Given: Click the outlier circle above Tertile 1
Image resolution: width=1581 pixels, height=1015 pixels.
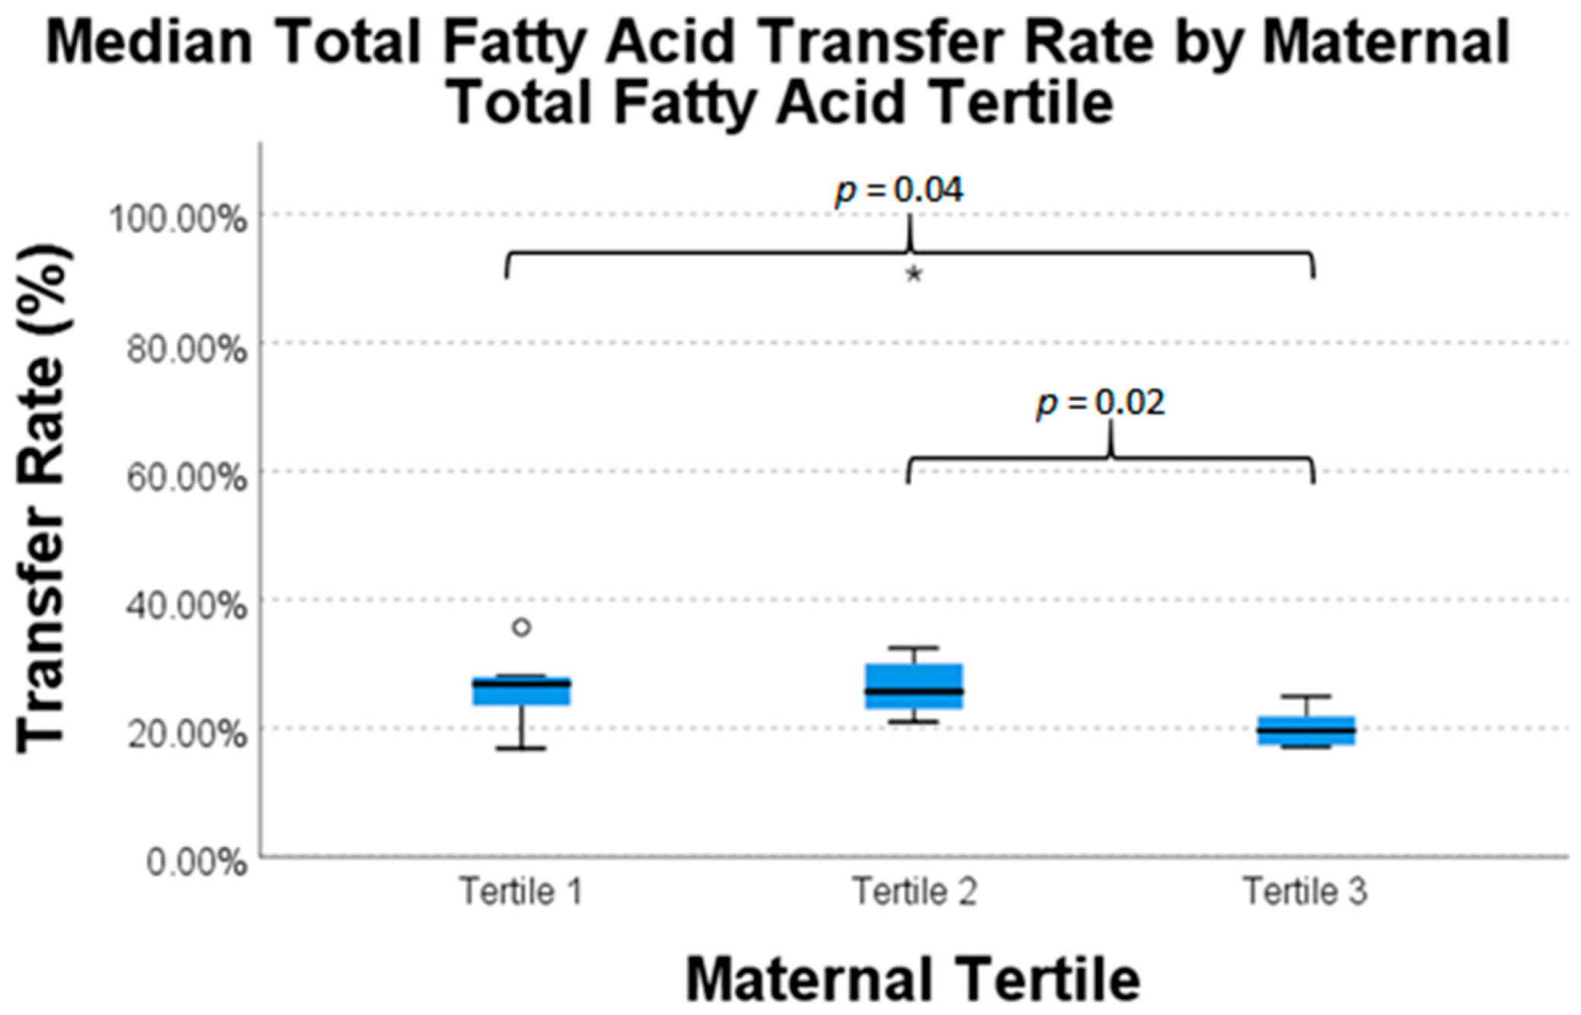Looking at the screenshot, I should (x=521, y=628).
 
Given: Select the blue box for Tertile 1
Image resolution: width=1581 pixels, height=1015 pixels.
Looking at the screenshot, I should (x=521, y=691).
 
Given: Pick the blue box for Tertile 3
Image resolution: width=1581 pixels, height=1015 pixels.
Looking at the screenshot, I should (x=1306, y=730).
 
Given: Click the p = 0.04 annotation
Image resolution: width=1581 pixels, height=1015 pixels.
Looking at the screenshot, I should (x=899, y=191).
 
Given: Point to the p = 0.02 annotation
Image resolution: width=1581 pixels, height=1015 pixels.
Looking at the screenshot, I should (x=1100, y=403).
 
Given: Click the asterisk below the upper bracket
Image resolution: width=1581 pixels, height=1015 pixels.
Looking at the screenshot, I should (x=914, y=275).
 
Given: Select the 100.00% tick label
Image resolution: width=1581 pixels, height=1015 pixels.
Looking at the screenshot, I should (x=178, y=220).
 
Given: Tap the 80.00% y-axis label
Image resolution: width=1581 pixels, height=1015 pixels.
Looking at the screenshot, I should (x=186, y=350).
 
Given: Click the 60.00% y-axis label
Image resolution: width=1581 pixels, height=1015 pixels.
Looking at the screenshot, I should (x=186, y=479).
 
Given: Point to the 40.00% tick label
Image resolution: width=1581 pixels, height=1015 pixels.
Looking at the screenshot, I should (x=186, y=606).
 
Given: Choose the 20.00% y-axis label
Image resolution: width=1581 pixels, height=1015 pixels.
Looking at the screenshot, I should (x=186, y=735).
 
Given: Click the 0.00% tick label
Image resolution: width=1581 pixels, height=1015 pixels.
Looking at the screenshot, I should (x=196, y=864).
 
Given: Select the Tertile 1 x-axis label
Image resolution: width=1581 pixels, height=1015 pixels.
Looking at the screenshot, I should (x=521, y=891).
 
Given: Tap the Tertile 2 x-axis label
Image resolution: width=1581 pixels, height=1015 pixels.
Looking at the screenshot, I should (x=914, y=891).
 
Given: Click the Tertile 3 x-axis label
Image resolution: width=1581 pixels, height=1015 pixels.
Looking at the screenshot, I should (x=1306, y=891).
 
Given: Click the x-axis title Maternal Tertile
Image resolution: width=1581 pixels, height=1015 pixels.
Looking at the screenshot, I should (x=913, y=979).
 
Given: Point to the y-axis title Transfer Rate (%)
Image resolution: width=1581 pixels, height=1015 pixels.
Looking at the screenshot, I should (x=43, y=498).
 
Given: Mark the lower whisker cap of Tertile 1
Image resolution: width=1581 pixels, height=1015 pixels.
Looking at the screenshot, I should (x=521, y=749).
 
